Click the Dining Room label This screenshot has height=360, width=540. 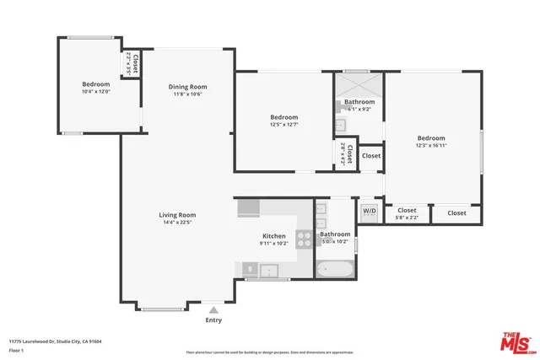(187, 87)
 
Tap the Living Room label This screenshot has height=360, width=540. (177, 215)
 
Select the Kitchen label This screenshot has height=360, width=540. (274, 236)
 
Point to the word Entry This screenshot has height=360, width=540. (213, 320)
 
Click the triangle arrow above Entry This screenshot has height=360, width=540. (213, 310)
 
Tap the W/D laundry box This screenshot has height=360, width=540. (370, 211)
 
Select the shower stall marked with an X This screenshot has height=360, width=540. (358, 85)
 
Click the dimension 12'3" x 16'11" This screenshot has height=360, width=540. (430, 145)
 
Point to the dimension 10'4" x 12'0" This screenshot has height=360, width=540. (95, 92)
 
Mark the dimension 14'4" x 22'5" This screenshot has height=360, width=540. (177, 223)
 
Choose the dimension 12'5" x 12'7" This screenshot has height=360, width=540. (284, 125)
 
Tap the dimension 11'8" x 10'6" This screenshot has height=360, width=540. (187, 94)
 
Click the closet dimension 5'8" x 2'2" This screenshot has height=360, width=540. (407, 218)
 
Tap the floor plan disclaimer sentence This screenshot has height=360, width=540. (270, 352)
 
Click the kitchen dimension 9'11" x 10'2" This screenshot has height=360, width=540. (274, 244)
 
